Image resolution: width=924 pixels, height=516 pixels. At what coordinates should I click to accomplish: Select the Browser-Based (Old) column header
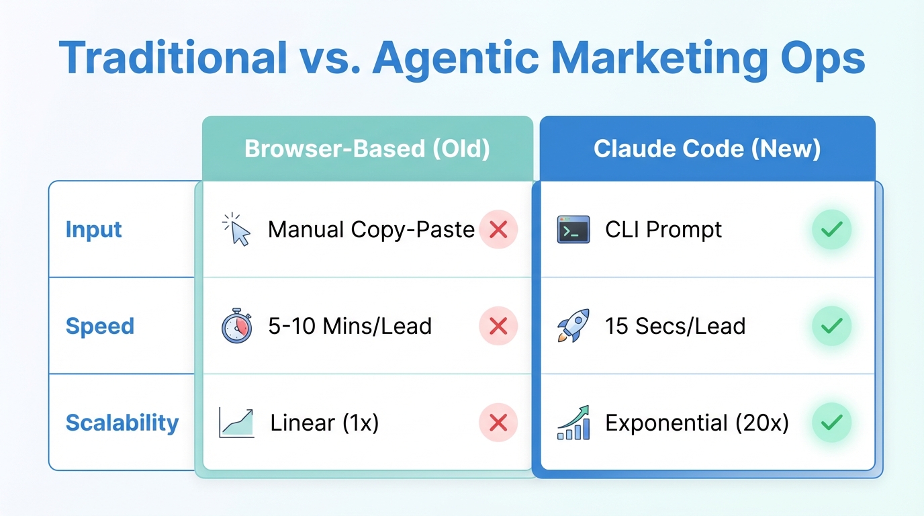pos(367,148)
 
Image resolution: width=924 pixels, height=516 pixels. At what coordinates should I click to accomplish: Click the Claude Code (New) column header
pos(707,148)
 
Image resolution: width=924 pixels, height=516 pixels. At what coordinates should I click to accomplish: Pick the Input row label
pos(94,230)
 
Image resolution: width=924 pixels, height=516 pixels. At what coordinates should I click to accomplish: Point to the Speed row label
pos(100,327)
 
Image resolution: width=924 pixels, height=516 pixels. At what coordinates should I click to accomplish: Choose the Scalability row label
pos(122,423)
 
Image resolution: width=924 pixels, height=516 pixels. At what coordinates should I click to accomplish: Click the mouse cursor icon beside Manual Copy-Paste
pos(236,229)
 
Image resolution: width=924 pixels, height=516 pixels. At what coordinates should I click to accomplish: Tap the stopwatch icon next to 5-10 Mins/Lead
pos(236,327)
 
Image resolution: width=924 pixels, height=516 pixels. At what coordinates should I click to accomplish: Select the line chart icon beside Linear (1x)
pos(236,423)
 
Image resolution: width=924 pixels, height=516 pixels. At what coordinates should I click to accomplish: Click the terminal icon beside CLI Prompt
pos(573,230)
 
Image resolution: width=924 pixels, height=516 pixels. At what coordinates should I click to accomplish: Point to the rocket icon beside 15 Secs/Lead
pos(573,326)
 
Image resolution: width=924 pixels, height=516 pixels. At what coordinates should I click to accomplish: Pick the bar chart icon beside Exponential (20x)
pos(573,423)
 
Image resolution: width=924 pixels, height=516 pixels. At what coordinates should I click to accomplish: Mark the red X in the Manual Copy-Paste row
pos(498,230)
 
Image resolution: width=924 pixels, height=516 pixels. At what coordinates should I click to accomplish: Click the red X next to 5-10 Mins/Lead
pos(498,327)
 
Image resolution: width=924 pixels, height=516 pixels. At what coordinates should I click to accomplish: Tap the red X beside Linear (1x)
pos(498,423)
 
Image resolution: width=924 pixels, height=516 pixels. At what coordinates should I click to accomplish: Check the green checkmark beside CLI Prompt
pos(831,230)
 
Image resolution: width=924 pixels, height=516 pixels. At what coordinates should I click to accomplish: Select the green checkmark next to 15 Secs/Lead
pos(831,327)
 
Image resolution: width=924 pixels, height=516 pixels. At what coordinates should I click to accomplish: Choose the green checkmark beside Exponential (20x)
pos(831,423)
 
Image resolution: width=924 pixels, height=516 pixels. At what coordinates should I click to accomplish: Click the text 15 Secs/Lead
pos(675,327)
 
